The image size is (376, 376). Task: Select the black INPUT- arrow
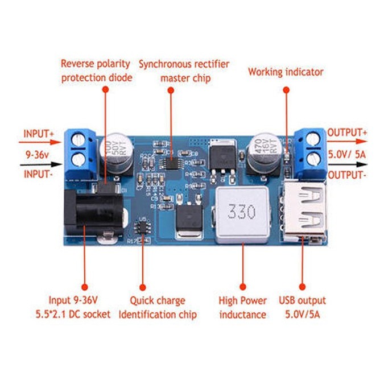pos(39,165)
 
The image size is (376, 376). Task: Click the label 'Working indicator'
pos(286,72)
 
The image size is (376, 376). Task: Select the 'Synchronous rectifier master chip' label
pos(184,71)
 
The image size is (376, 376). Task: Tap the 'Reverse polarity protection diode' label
pos(96,71)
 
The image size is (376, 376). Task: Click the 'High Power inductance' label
pos(242,307)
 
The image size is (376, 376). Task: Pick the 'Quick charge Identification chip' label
pos(158,307)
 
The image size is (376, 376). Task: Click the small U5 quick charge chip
pos(142,227)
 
